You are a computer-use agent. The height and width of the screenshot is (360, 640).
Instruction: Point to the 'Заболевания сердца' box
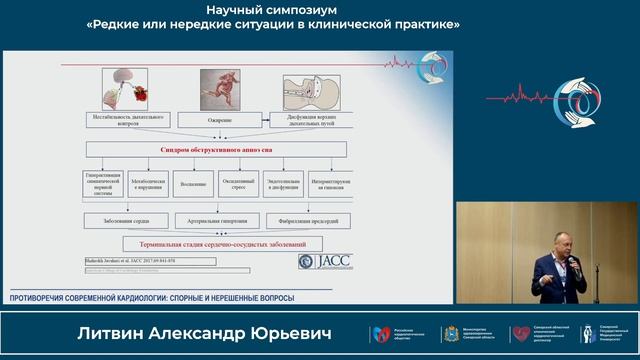coord(126,220)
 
